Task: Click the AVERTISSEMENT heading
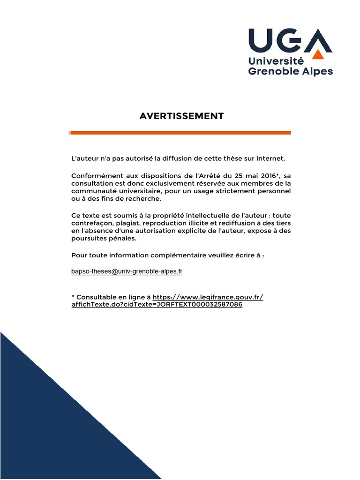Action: (181, 116)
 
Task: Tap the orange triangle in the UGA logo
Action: (318, 55)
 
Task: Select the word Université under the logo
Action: (276, 61)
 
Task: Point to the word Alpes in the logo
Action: (318, 72)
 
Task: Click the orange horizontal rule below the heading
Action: (180, 133)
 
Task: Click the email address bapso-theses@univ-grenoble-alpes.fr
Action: (127, 271)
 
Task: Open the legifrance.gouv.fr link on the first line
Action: (208, 297)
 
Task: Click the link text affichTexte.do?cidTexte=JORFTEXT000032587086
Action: (157, 305)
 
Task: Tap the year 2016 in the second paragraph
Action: (265, 176)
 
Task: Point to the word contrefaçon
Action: (90, 223)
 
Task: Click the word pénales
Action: (122, 239)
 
